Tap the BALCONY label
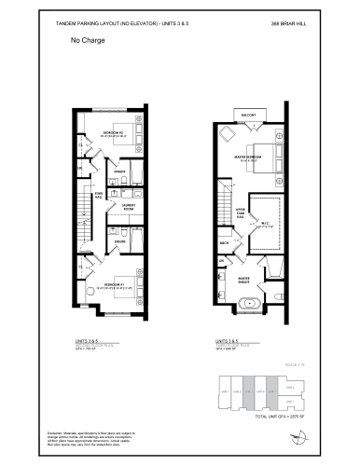click(249, 116)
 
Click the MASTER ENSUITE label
click(243, 279)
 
